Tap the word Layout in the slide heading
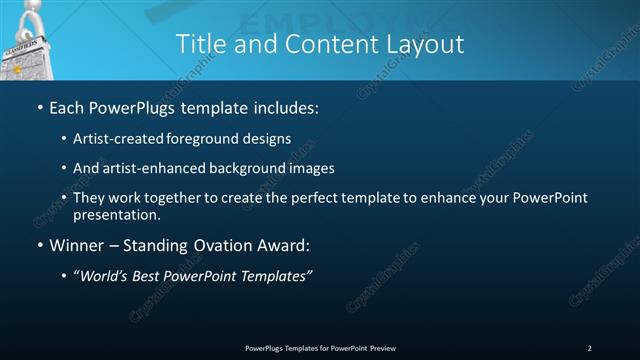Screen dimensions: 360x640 tap(425, 44)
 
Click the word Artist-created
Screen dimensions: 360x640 tap(118, 139)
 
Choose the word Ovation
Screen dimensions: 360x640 tap(221, 246)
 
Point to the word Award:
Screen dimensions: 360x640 tap(282, 246)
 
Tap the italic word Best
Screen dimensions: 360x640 tap(151, 277)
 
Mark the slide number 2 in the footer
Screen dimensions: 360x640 tap(590, 348)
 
